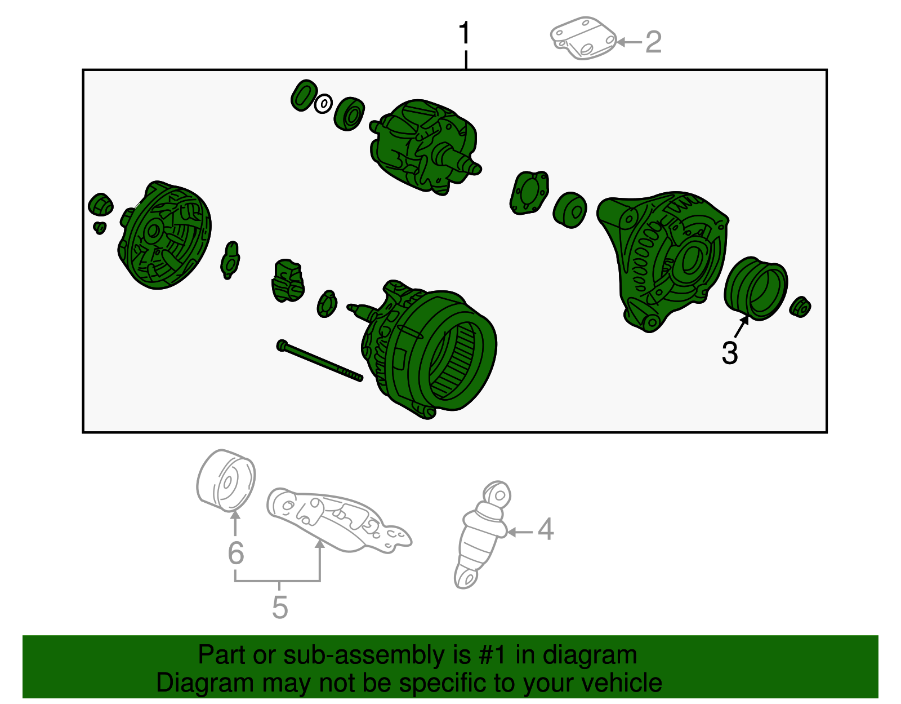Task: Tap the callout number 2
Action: [653, 42]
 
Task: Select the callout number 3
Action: [729, 353]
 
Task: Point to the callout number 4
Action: [545, 530]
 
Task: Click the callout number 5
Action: [279, 607]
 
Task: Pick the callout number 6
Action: [235, 553]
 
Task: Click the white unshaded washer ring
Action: [323, 104]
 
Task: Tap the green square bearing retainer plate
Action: [529, 193]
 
